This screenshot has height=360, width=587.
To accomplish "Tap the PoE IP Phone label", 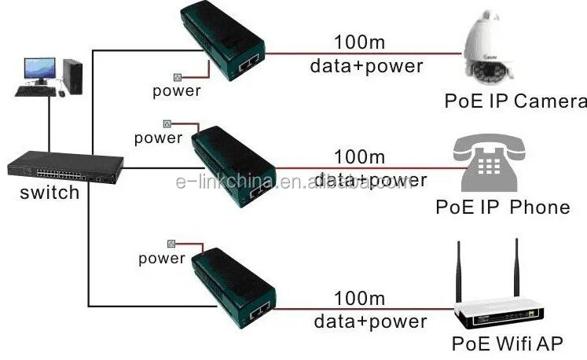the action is point(503,207).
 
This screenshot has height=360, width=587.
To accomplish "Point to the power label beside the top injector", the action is point(177,90).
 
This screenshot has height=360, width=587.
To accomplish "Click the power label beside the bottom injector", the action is point(162,258).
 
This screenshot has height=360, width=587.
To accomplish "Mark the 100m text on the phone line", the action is point(360,156).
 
